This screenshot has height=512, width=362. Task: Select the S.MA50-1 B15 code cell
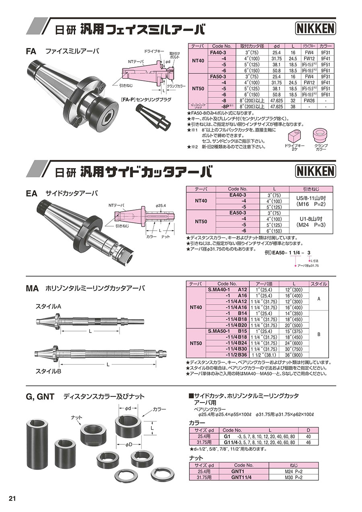[228, 331]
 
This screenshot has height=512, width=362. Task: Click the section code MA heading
[32, 289]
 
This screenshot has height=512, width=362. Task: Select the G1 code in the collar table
[227, 436]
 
